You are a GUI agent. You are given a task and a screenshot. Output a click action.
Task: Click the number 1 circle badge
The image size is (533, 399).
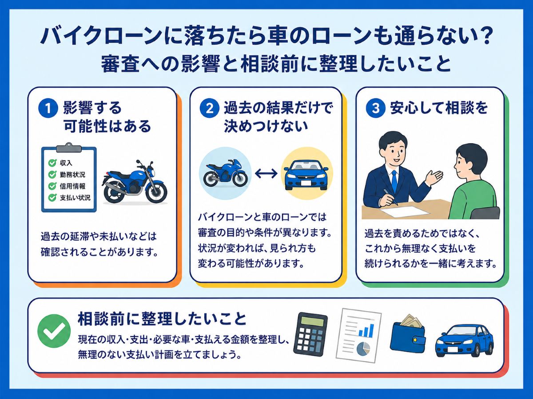pyautogui.click(x=48, y=108)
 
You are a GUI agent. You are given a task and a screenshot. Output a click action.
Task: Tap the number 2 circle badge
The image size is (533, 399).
pyautogui.click(x=209, y=108)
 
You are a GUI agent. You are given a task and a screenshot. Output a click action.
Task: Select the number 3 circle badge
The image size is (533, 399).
pyautogui.click(x=375, y=108)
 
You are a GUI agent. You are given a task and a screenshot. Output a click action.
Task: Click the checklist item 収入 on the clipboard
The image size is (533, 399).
pyautogui.click(x=66, y=163)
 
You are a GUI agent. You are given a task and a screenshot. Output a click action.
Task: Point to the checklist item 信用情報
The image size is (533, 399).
pyautogui.click(x=72, y=186)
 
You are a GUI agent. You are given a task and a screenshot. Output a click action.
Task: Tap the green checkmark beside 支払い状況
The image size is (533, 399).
pyautogui.click(x=52, y=198)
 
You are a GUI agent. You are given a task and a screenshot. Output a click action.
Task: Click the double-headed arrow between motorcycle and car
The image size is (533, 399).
pyautogui.click(x=266, y=173)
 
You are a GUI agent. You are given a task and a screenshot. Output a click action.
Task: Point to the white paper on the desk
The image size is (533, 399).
pyautogui.click(x=404, y=211)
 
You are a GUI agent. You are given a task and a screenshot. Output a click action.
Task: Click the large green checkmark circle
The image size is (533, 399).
pyautogui.click(x=54, y=331)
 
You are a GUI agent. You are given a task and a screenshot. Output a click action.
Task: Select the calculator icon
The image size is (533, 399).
pyautogui.click(x=310, y=333)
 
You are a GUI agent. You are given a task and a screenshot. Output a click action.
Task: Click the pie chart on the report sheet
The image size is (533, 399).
pyautogui.click(x=363, y=348)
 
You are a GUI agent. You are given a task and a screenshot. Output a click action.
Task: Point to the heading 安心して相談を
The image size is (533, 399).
pyautogui.click(x=439, y=108)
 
